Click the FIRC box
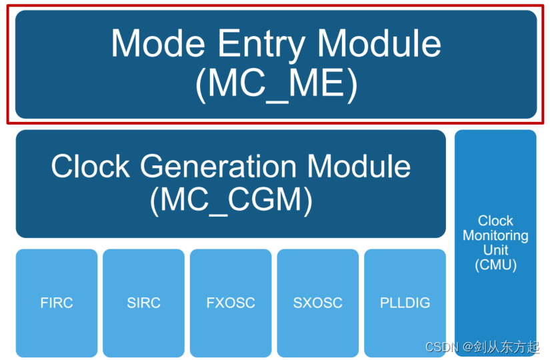pos(57,303)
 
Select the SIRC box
pos(143,303)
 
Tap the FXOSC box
pos(231,303)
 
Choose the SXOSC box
pos(317,303)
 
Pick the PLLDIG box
pos(405,303)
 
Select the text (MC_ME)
pos(276,85)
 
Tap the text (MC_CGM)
pos(231,200)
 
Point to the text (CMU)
pos(495,265)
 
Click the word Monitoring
pos(495,235)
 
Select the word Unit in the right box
pos(495,250)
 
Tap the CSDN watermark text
pos(441,347)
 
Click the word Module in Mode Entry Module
pos(379,43)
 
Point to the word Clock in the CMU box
pos(495,221)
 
